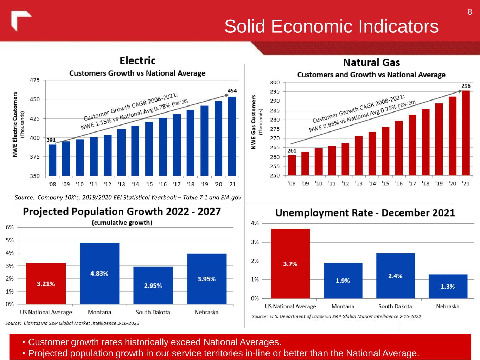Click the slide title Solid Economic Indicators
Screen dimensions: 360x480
click(x=331, y=26)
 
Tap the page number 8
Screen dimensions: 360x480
click(x=469, y=12)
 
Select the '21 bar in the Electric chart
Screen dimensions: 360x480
click(x=232, y=136)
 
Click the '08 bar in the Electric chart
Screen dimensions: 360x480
click(x=52, y=160)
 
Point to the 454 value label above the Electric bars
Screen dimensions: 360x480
click(x=232, y=91)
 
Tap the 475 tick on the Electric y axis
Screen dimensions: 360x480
click(x=35, y=80)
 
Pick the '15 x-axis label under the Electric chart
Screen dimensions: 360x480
click(x=149, y=184)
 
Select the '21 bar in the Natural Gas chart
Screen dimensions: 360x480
click(x=466, y=133)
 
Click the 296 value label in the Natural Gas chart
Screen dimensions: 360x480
click(x=466, y=86)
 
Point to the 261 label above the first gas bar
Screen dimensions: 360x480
click(x=292, y=150)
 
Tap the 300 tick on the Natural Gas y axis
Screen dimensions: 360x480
click(x=275, y=82)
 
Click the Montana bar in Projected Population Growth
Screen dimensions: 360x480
click(x=100, y=273)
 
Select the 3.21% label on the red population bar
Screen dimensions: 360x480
click(x=46, y=284)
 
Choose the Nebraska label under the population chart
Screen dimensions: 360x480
click(x=206, y=312)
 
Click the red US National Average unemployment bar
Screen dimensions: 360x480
click(x=290, y=263)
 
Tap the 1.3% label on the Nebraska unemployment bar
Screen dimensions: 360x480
click(x=448, y=287)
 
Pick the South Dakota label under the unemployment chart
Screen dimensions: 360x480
click(x=395, y=306)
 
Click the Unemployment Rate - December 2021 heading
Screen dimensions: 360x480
click(x=365, y=213)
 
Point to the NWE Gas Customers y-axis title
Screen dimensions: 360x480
click(x=253, y=122)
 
